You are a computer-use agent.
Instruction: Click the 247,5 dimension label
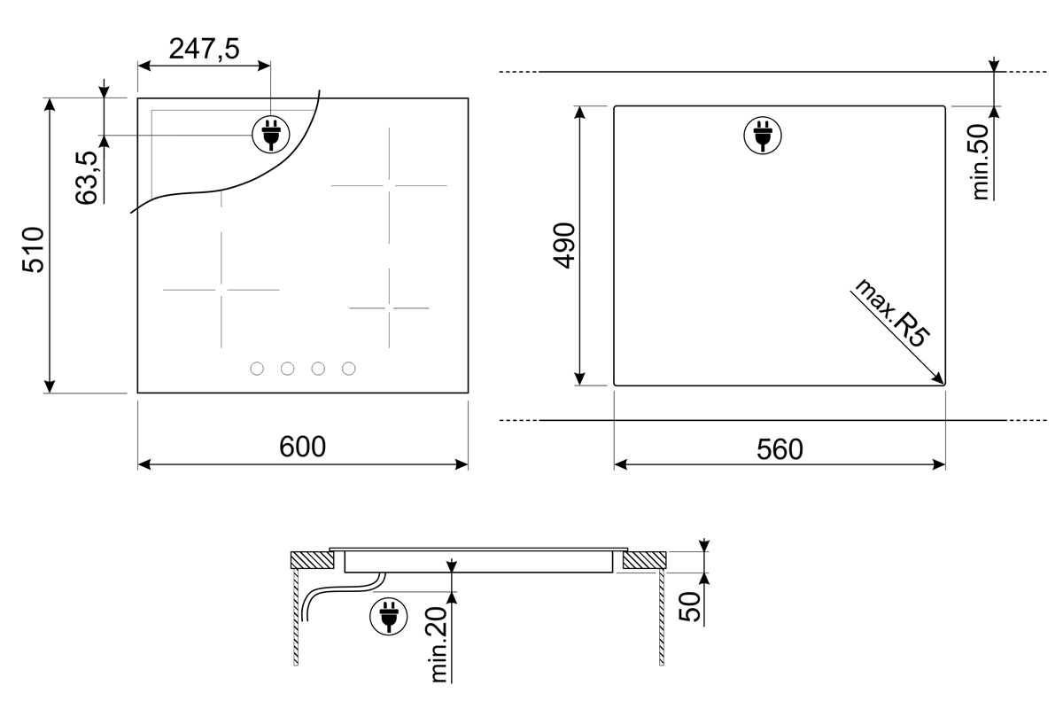204,49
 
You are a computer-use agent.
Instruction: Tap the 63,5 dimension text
87,177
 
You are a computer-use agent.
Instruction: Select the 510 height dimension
34,250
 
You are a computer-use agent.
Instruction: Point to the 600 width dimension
302,447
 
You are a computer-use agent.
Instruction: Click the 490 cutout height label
564,245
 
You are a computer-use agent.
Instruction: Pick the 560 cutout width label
780,449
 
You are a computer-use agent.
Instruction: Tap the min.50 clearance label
980,162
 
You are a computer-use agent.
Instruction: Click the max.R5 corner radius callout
892,314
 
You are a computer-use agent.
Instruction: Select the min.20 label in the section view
439,644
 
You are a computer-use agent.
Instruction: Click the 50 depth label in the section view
689,606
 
